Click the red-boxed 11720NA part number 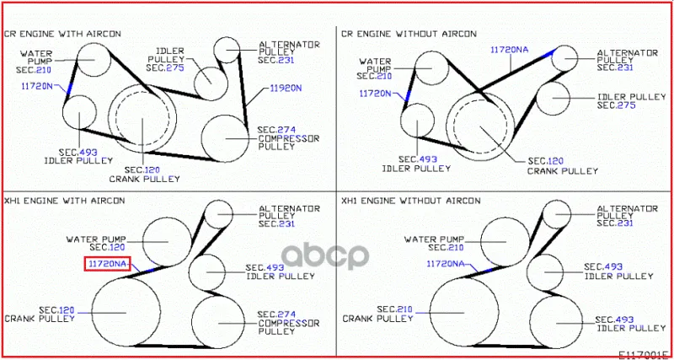(107, 265)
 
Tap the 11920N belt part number (286, 89)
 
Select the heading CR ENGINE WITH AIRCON (62, 34)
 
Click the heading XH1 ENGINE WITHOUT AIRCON (411, 201)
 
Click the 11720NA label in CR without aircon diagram (510, 50)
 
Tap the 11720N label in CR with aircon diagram (37, 86)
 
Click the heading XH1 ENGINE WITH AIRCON (65, 201)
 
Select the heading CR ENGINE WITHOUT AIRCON (409, 34)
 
